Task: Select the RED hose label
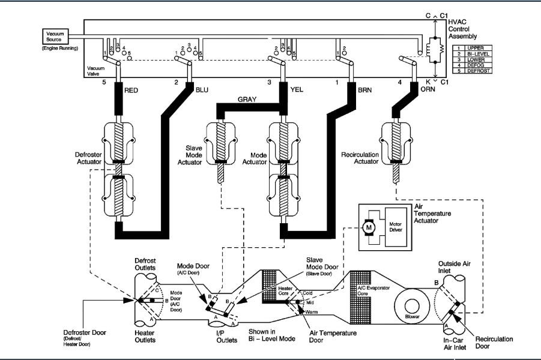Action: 131,91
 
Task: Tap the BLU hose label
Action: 202,91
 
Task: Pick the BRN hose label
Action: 366,91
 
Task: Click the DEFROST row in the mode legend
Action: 473,71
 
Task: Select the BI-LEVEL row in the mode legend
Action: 473,53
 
